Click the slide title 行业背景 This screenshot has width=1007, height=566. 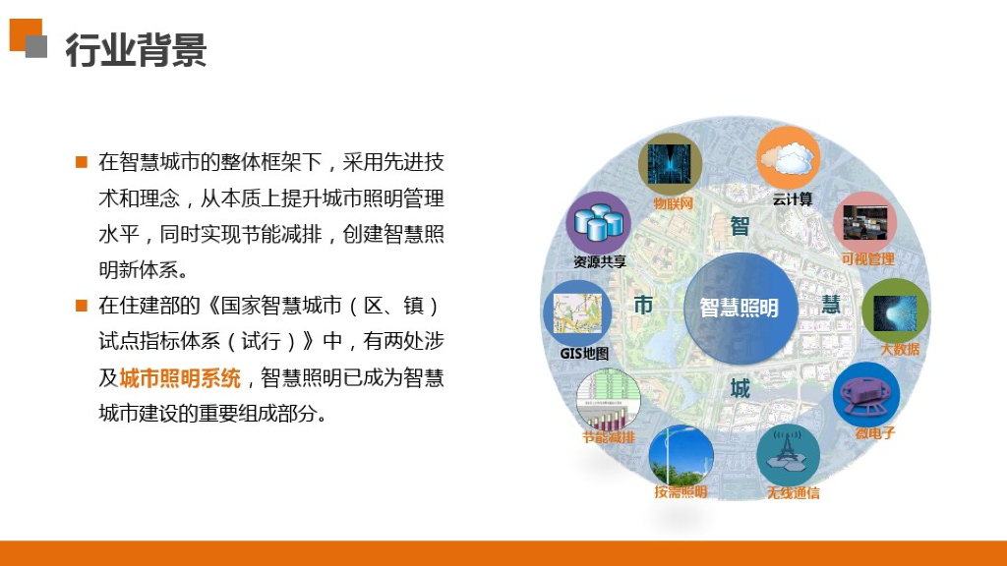[x=136, y=49]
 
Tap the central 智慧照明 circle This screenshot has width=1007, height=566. [x=740, y=307]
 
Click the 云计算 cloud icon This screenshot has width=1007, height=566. [x=788, y=158]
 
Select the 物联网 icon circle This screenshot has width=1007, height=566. [x=670, y=162]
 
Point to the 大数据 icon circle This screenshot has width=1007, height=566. [x=895, y=311]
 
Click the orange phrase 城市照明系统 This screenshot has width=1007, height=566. [x=180, y=378]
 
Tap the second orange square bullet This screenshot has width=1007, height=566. [x=82, y=306]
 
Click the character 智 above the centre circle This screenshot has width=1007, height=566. [x=740, y=227]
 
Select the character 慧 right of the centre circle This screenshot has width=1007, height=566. [x=831, y=305]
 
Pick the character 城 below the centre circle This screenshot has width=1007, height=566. [x=740, y=389]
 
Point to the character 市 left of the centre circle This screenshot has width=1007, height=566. [x=643, y=306]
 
